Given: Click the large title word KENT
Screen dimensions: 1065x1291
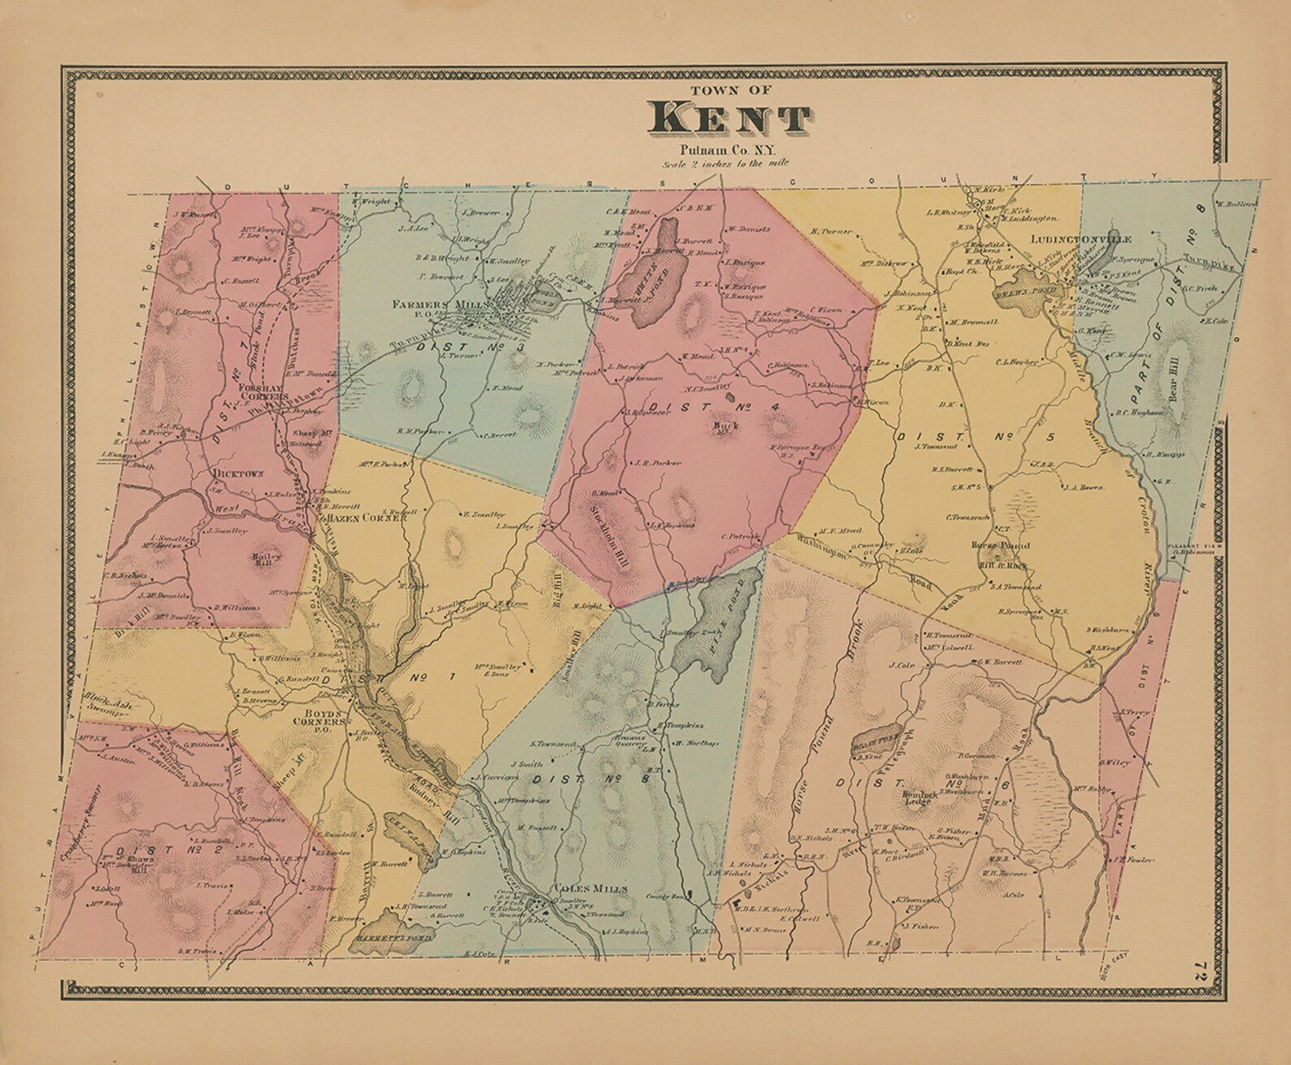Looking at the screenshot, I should coord(728,119).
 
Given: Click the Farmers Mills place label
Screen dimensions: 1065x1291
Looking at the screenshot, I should coord(440,303).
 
